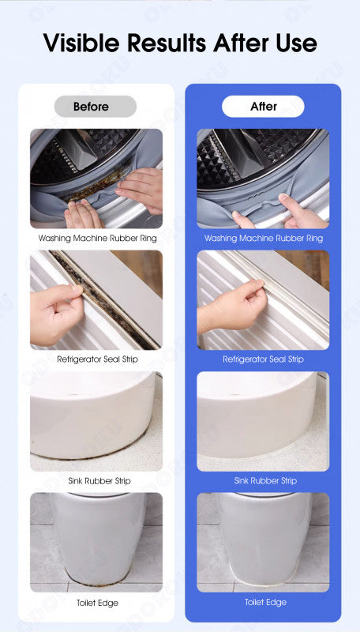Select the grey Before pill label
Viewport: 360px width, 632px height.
coord(96,107)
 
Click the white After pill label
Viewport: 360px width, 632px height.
coord(263,107)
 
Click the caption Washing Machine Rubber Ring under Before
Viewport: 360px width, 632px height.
coord(97,239)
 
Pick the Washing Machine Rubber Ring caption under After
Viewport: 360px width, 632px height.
coord(264,239)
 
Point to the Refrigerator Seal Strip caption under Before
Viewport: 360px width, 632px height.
coord(97,359)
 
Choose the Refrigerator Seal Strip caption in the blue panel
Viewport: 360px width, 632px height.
coord(264,359)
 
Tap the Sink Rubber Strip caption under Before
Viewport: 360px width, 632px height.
coord(99,481)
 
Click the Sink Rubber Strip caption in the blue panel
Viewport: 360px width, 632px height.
coord(265,480)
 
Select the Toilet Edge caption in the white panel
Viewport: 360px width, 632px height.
coord(97,603)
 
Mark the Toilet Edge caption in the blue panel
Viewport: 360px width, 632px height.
coord(266,602)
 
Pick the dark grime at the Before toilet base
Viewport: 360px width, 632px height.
coord(96,576)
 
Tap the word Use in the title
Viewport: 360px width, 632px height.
coord(296,43)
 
